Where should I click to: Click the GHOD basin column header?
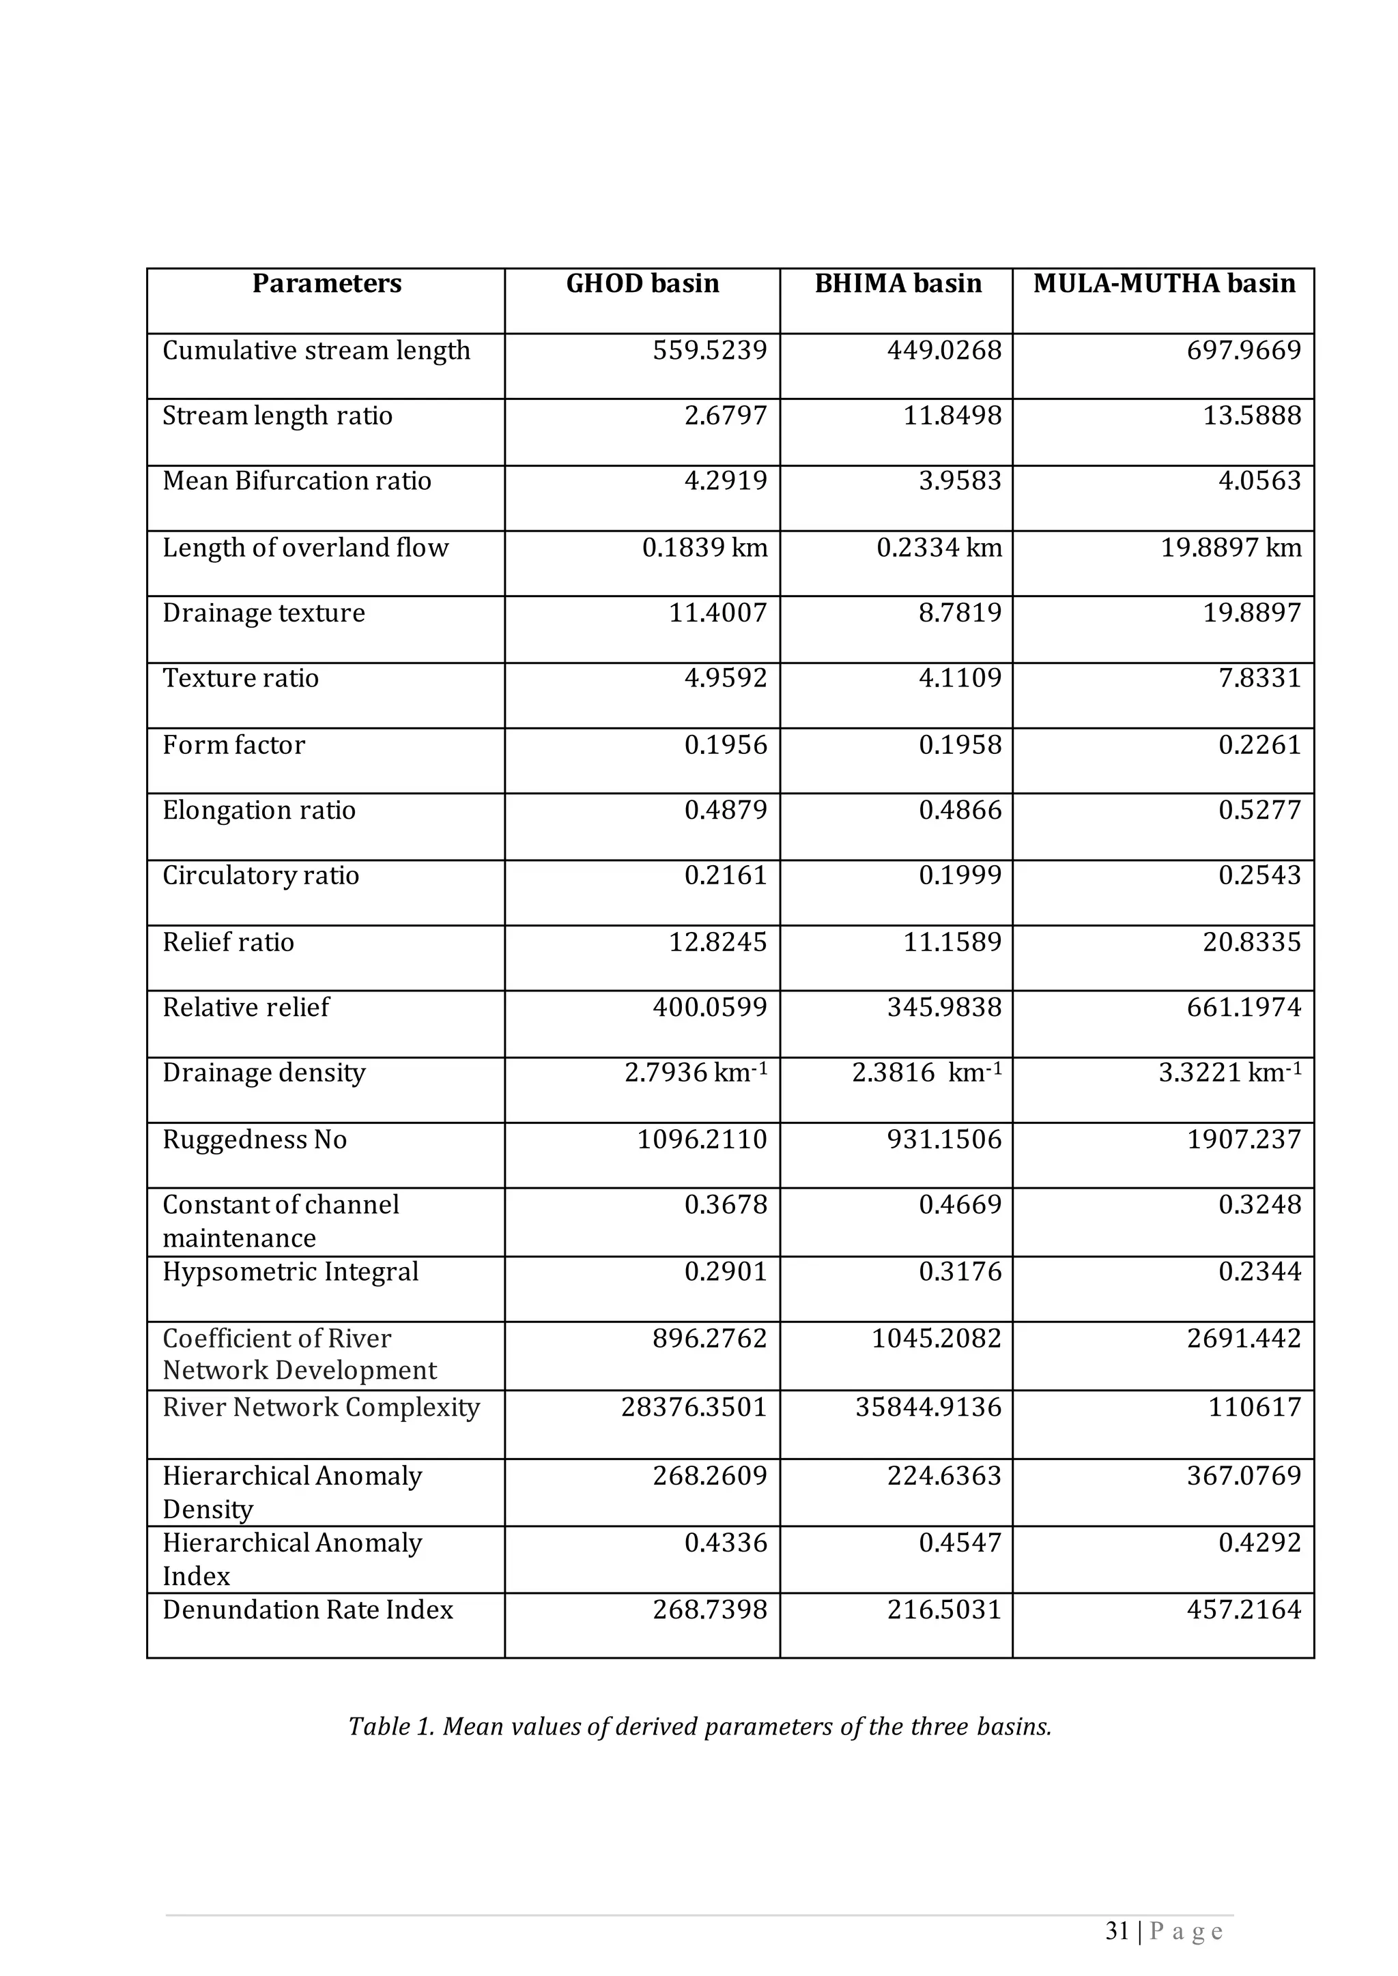click(642, 284)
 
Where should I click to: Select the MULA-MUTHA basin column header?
click(1164, 284)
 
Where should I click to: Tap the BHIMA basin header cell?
click(898, 284)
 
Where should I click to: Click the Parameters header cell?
click(326, 284)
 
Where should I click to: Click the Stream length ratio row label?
click(277, 416)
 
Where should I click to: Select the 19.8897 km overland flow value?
click(1230, 547)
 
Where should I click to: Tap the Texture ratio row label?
click(240, 678)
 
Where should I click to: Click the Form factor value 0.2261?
click(1259, 744)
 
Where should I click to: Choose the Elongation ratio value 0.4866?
click(960, 810)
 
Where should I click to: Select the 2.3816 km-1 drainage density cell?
click(926, 1073)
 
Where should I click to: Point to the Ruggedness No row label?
click(254, 1139)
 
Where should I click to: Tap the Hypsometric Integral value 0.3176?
click(960, 1271)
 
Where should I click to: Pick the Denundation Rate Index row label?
click(307, 1610)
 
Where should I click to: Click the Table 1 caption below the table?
click(699, 1726)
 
